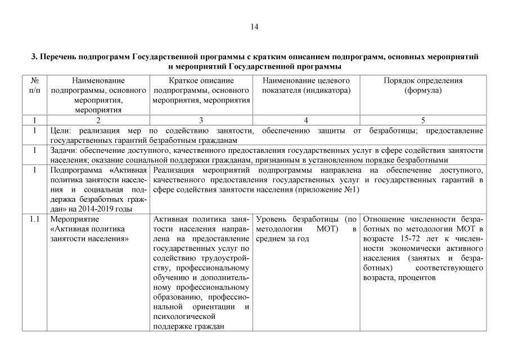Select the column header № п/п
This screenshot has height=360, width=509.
coord(34,85)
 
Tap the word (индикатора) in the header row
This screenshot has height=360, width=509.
coord(324,91)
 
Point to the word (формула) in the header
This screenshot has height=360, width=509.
coord(423,91)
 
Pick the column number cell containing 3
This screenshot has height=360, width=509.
coord(201,120)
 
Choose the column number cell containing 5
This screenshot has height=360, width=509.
coord(423,120)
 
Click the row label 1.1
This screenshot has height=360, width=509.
coord(34,219)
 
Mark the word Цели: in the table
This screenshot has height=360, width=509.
coord(61,130)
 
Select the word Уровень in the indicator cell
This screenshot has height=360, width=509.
coord(274,219)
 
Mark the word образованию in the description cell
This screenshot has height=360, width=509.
coord(177,297)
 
